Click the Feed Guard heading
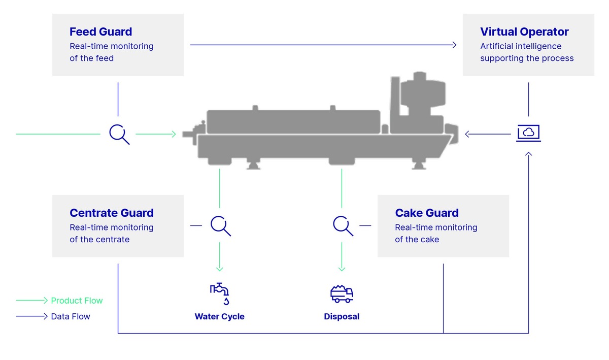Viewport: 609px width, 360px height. click(100, 32)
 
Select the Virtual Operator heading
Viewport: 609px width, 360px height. click(524, 32)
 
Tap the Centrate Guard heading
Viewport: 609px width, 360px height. click(112, 213)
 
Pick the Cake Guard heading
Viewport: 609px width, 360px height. click(427, 213)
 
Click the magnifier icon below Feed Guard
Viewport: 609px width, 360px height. click(119, 134)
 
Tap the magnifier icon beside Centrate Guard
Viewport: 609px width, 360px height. click(220, 225)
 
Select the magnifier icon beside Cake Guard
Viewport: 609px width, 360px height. click(343, 225)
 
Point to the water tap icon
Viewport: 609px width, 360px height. click(220, 293)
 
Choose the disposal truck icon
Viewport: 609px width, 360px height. click(342, 293)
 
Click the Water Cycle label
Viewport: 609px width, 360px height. click(220, 317)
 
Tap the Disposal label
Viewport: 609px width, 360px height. click(342, 317)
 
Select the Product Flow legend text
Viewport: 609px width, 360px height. click(77, 301)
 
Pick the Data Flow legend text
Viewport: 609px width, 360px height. click(71, 316)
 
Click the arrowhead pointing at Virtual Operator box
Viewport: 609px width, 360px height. click(454, 45)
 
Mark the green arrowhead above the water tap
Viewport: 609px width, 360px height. click(220, 269)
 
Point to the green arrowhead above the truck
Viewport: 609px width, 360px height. click(342, 269)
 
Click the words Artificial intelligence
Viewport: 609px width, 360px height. click(521, 46)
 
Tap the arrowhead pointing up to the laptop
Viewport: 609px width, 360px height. click(528, 153)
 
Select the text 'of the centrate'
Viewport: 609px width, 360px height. click(99, 239)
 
